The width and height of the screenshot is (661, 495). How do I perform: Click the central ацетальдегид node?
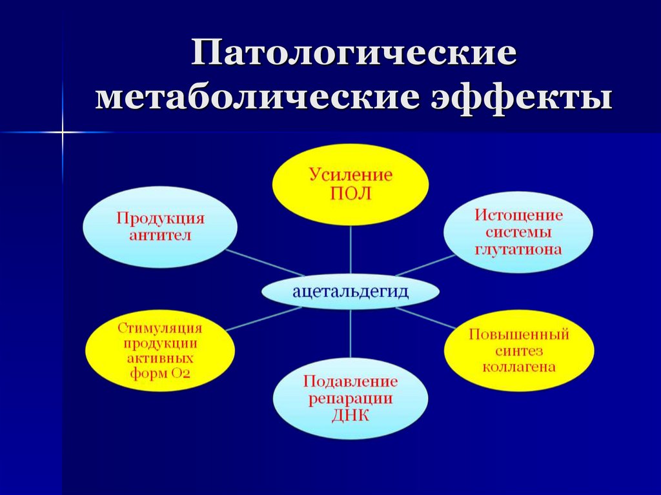[351, 292]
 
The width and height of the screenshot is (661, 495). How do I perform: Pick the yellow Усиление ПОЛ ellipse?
[351, 184]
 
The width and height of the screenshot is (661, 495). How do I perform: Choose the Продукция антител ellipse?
[161, 227]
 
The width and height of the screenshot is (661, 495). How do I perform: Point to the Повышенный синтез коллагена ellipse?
[518, 352]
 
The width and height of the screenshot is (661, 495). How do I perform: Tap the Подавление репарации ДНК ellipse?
[351, 398]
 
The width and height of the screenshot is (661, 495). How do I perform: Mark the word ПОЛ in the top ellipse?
[351, 194]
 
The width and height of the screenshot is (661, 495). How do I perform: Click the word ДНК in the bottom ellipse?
[351, 415]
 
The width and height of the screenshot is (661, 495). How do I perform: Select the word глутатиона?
[518, 248]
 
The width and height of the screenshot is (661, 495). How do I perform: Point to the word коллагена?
[518, 368]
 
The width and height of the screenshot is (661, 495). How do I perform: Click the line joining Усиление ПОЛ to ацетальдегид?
[351, 252]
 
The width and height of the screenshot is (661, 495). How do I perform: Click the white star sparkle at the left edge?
[63, 132]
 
